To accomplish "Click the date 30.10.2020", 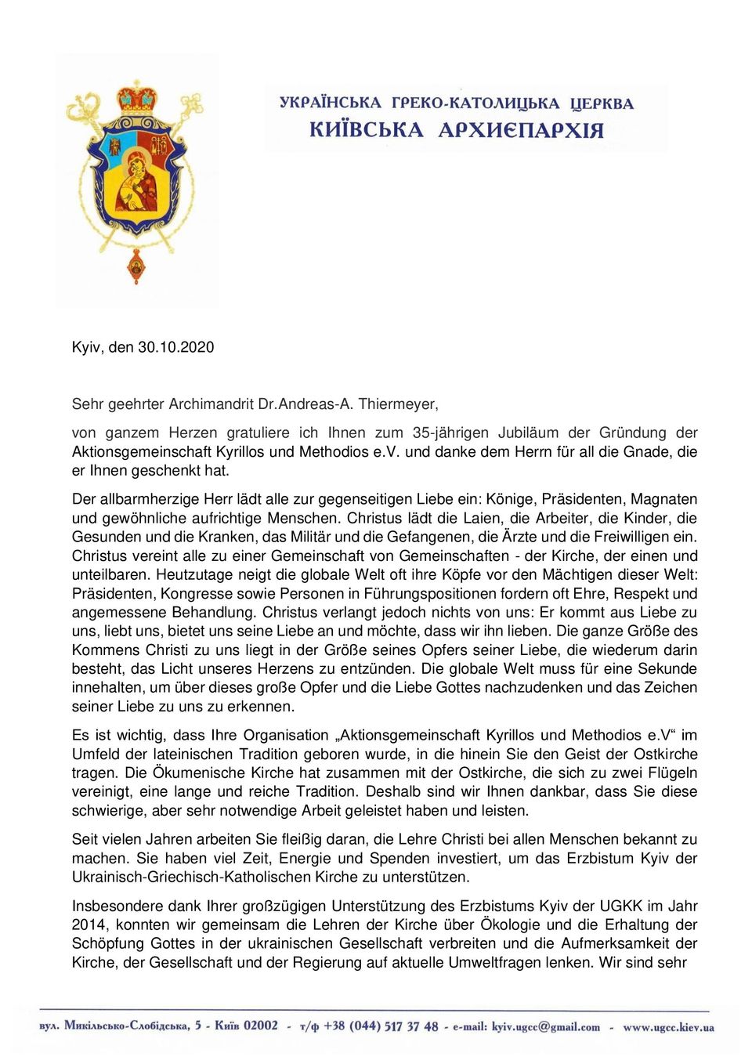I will coord(175,347).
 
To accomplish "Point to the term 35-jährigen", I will coord(448,432).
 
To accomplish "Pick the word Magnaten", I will coord(663,499).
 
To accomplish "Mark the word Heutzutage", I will coord(196,574).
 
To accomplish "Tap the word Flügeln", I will coord(672,773).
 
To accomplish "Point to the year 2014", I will coord(89,925).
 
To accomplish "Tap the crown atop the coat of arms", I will coord(137,97).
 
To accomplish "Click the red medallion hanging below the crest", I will coord(137,268).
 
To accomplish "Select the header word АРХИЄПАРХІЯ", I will coord(521,130).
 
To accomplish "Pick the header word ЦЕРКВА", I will coord(602,103).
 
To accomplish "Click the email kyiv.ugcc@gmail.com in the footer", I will coord(545,1026).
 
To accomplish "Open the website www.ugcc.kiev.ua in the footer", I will coord(668,1026).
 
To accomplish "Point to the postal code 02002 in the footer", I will coord(260,1026).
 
